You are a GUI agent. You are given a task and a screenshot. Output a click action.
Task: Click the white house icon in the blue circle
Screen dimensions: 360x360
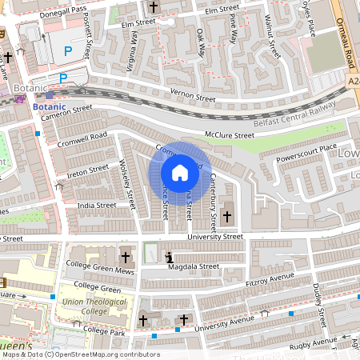[x=180, y=172]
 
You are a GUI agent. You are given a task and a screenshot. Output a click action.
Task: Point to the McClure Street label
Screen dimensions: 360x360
[x=229, y=135]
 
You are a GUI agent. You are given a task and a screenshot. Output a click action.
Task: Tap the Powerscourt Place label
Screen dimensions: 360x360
[x=306, y=149]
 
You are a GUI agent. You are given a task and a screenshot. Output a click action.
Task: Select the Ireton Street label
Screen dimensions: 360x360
[x=87, y=169]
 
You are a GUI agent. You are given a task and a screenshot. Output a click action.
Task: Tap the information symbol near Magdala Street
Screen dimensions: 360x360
[x=169, y=257]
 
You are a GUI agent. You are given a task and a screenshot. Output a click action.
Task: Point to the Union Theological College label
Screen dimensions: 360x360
[x=82, y=306]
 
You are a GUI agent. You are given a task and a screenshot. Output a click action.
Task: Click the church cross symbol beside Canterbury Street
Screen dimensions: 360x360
[x=227, y=216]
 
